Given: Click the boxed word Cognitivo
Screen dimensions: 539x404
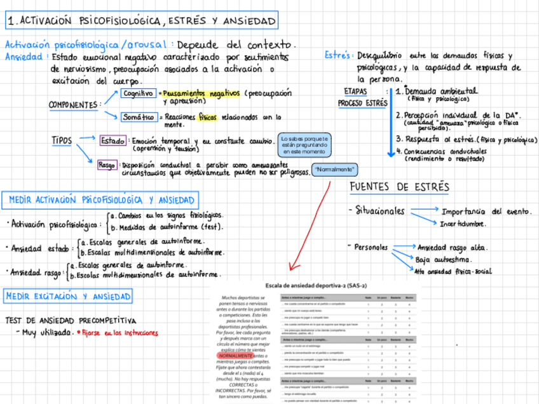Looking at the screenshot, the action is pos(138,93).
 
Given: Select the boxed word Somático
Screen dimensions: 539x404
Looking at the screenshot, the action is pos(139,117).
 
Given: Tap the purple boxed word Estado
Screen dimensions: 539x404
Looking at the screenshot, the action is pos(113,140).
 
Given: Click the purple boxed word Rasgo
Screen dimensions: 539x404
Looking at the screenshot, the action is pos(107,165).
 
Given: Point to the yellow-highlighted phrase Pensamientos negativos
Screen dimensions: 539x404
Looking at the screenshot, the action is pos(198,93).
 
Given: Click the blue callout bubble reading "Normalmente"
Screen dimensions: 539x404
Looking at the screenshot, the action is pos(336,170).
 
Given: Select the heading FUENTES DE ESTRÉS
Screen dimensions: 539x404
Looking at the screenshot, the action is pos(399,187).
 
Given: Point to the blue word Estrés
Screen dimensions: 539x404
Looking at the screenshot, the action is pos(339,56).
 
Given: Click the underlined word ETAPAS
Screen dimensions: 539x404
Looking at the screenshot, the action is pos(355,91).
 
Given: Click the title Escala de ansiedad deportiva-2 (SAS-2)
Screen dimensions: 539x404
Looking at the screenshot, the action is pos(316,286).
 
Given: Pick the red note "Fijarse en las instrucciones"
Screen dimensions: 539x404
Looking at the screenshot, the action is pos(119,333).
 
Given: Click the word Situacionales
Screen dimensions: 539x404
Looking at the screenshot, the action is pos(379,210).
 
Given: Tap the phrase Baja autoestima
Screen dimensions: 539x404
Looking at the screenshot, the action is pos(442,259).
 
